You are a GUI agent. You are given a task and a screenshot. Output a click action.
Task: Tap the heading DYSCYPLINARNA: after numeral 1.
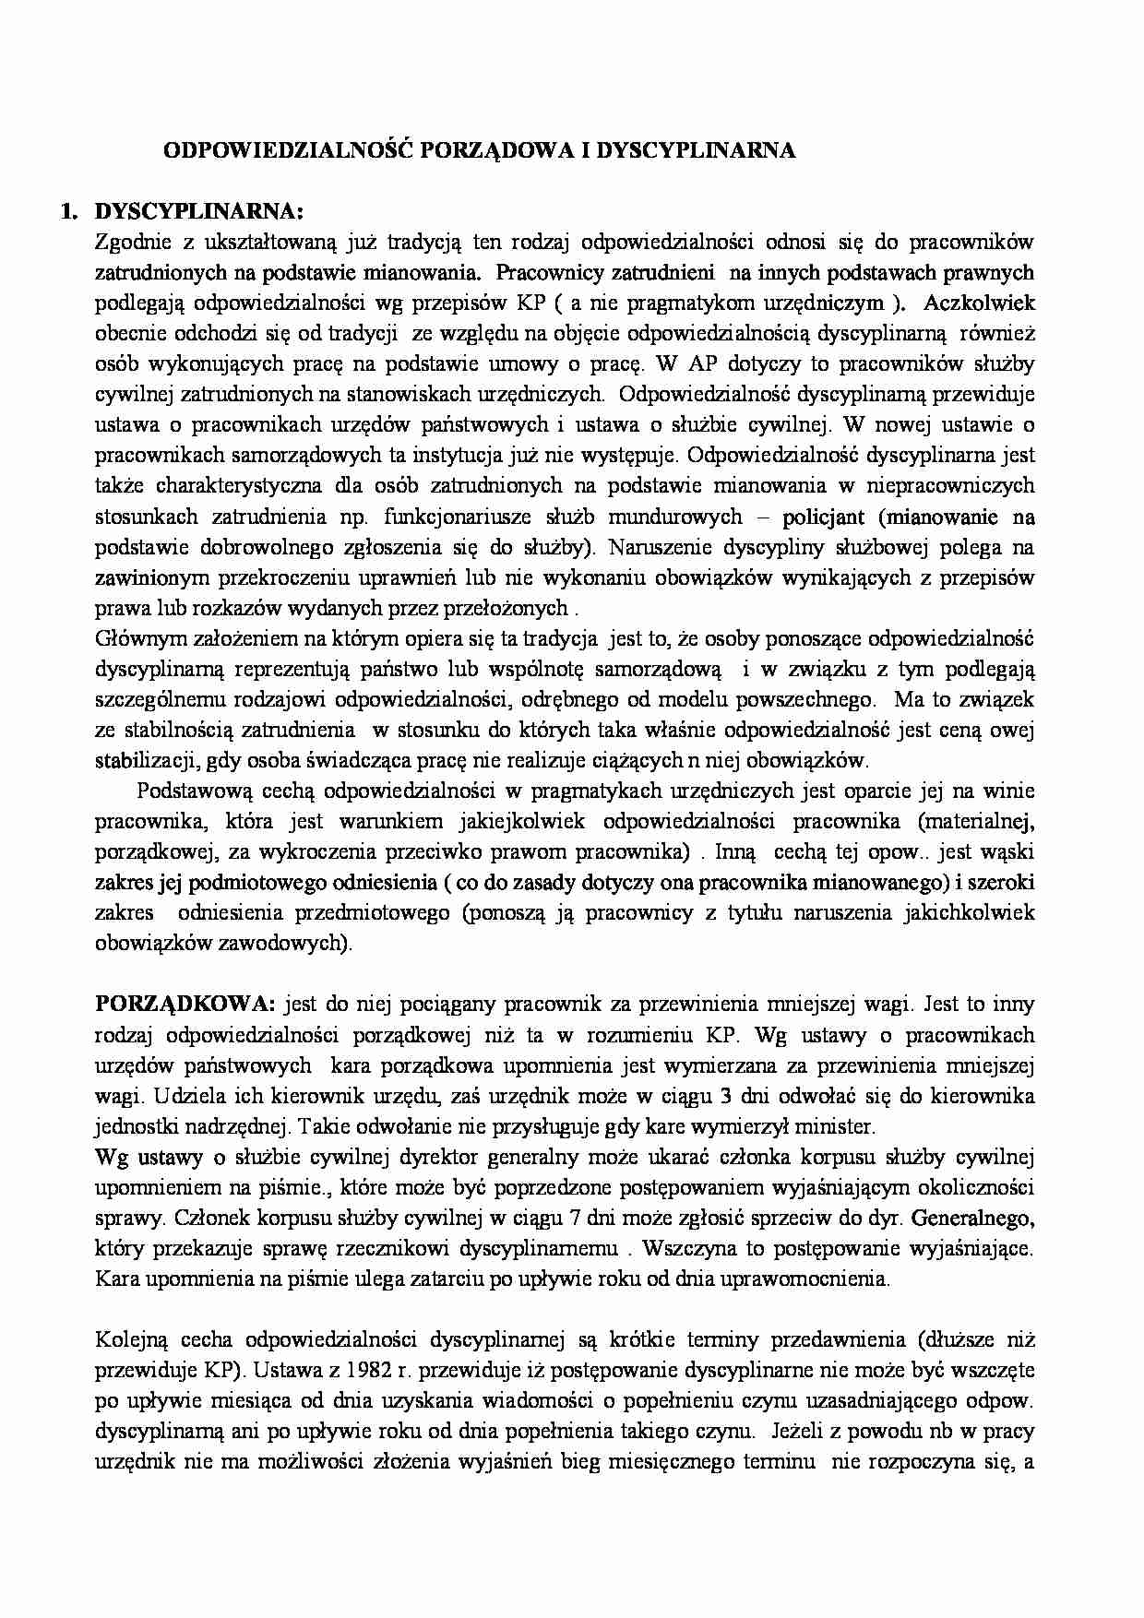click(x=198, y=212)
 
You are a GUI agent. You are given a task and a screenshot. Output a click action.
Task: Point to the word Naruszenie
click(x=661, y=547)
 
